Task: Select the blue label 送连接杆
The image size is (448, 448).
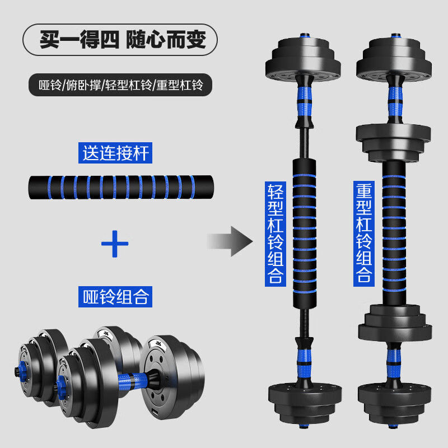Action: pyautogui.click(x=116, y=153)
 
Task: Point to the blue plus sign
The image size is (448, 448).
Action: pyautogui.click(x=115, y=243)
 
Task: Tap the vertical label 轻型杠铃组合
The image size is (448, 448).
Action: pyautogui.click(x=275, y=232)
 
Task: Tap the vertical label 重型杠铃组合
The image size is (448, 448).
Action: pyautogui.click(x=363, y=232)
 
